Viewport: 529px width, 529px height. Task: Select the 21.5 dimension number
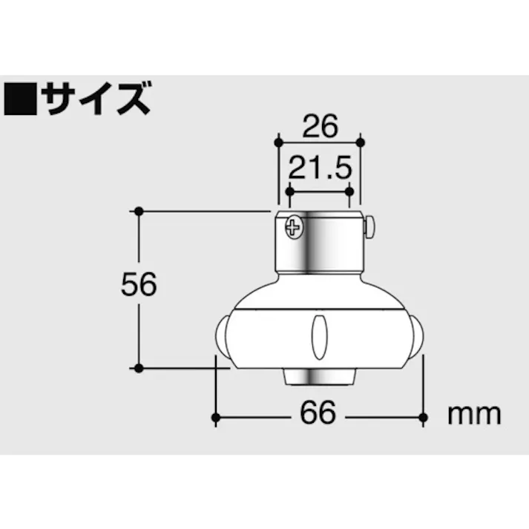click(319, 169)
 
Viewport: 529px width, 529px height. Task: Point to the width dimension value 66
click(318, 413)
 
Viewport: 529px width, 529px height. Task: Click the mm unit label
click(473, 413)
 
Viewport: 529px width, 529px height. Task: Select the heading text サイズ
click(96, 98)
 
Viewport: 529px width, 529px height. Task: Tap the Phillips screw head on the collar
click(294, 227)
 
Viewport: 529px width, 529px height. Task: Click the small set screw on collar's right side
click(368, 226)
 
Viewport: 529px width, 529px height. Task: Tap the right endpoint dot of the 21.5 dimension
click(349, 191)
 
